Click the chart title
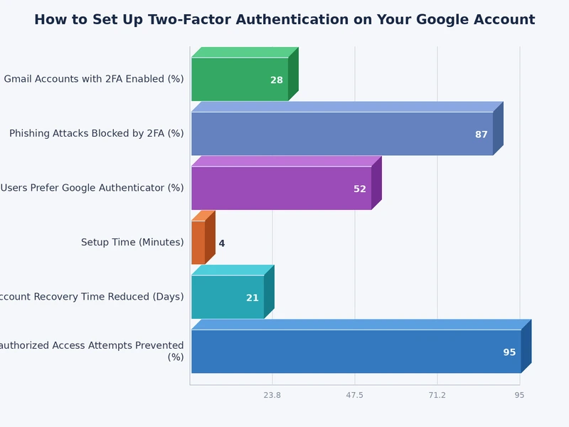coord(284,20)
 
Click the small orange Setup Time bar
coord(198,242)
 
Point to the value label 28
coord(277,80)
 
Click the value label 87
coord(482,135)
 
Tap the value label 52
coord(360,189)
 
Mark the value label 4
coord(221,243)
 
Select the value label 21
coord(252,298)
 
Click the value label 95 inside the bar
coord(509,352)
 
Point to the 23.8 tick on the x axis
coord(272,395)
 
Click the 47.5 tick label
coord(355,395)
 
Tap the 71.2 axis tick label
coord(437,395)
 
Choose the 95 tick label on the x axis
coord(520,395)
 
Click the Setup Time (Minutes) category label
coord(132,243)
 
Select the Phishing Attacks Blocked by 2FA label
coord(97,134)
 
